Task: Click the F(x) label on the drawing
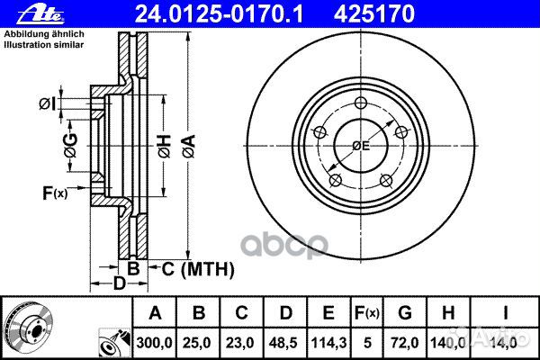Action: tap(54, 192)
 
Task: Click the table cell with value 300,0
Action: tap(155, 339)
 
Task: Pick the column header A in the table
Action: tap(155, 313)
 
